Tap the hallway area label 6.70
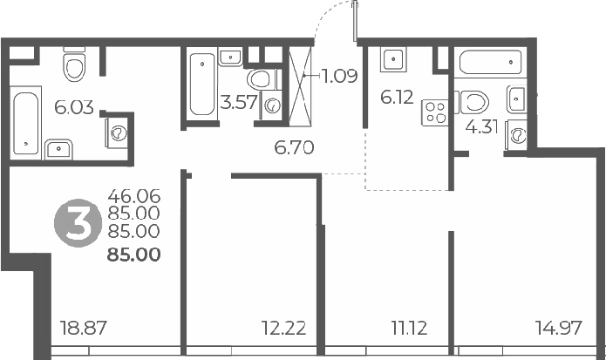pyautogui.click(x=294, y=148)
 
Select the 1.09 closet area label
pyautogui.click(x=339, y=76)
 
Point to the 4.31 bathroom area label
pyautogui.click(x=482, y=127)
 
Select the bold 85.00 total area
pyautogui.click(x=133, y=255)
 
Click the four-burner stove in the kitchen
pyautogui.click(x=434, y=113)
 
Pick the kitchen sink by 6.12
pyautogui.click(x=392, y=60)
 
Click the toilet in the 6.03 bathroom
pyautogui.click(x=74, y=65)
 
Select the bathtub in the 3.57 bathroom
pyautogui.click(x=202, y=83)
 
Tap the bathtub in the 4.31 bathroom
pyautogui.click(x=490, y=63)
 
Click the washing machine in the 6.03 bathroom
pyautogui.click(x=119, y=133)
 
